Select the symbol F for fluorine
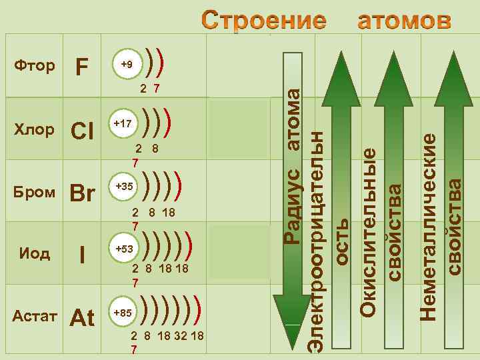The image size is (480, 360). point(82,67)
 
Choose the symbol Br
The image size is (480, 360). point(83,193)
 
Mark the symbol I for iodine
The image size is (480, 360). point(82,255)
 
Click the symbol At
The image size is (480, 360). point(83,318)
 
